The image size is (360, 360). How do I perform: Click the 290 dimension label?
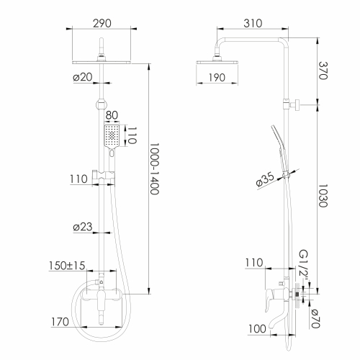click(x=102, y=23)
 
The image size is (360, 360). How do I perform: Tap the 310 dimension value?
click(x=253, y=23)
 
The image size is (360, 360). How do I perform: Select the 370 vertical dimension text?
click(x=323, y=71)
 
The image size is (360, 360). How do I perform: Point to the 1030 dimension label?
click(x=323, y=196)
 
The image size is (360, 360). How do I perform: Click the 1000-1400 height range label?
click(x=154, y=168)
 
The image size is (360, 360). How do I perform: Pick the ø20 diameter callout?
click(x=83, y=77)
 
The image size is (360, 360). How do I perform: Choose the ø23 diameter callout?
click(x=83, y=227)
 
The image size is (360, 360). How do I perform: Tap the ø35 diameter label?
click(x=265, y=179)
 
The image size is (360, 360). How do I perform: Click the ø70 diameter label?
click(x=315, y=318)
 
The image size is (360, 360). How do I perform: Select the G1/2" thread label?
click(x=304, y=267)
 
